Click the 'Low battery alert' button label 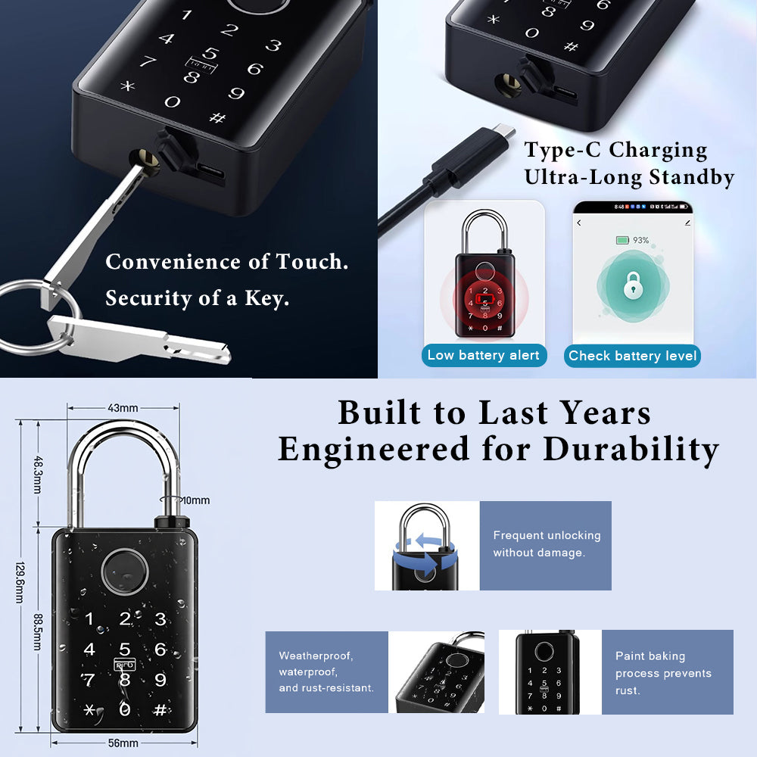(x=484, y=355)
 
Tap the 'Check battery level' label (x=632, y=356)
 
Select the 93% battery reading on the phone (x=640, y=240)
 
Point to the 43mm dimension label (x=123, y=408)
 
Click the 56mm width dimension (x=123, y=743)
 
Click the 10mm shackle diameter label (x=195, y=500)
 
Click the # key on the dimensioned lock (x=160, y=710)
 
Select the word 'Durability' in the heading (x=630, y=449)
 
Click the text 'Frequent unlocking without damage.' (x=546, y=544)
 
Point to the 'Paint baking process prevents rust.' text (x=662, y=673)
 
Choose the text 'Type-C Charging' (x=615, y=150)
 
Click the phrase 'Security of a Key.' (x=197, y=298)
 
